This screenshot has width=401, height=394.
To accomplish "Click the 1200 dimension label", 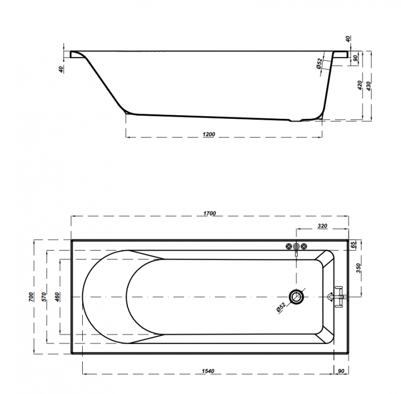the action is pyautogui.click(x=209, y=134).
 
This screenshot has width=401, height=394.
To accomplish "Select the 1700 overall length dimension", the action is pyautogui.click(x=210, y=213).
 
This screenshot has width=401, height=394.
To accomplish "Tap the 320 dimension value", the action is pyautogui.click(x=322, y=226).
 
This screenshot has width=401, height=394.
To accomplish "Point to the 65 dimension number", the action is pyautogui.click(x=353, y=245).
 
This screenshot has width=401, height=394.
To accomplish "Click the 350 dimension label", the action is pyautogui.click(x=358, y=268).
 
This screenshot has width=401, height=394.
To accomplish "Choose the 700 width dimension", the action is pyautogui.click(x=31, y=297).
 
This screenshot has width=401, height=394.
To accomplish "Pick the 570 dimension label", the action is pyautogui.click(x=44, y=297).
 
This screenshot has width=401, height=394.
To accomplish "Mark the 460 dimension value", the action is pyautogui.click(x=57, y=297).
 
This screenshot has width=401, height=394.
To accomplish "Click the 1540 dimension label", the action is pyautogui.click(x=208, y=371).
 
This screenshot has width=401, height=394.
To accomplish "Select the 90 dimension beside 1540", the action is pyautogui.click(x=341, y=371).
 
